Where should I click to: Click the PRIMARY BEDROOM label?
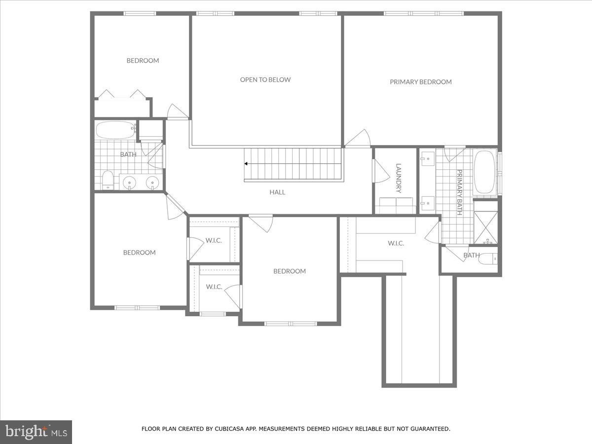pyautogui.click(x=420, y=82)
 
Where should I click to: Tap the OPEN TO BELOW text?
pyautogui.click(x=265, y=79)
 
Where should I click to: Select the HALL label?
pyautogui.click(x=277, y=192)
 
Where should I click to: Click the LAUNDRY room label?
pyautogui.click(x=399, y=178)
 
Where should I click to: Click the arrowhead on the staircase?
pyautogui.click(x=246, y=164)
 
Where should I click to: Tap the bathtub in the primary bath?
pyautogui.click(x=485, y=172)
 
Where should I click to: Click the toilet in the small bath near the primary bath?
pyautogui.click(x=488, y=259)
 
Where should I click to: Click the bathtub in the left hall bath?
pyautogui.click(x=115, y=130)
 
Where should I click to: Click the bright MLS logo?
pyautogui.click(x=36, y=432)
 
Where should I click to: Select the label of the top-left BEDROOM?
pyautogui.click(x=143, y=61)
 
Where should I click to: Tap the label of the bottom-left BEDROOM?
pyautogui.click(x=139, y=253)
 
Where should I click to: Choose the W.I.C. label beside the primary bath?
pyautogui.click(x=396, y=243)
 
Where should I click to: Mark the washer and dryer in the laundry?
pyautogui.click(x=397, y=205)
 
